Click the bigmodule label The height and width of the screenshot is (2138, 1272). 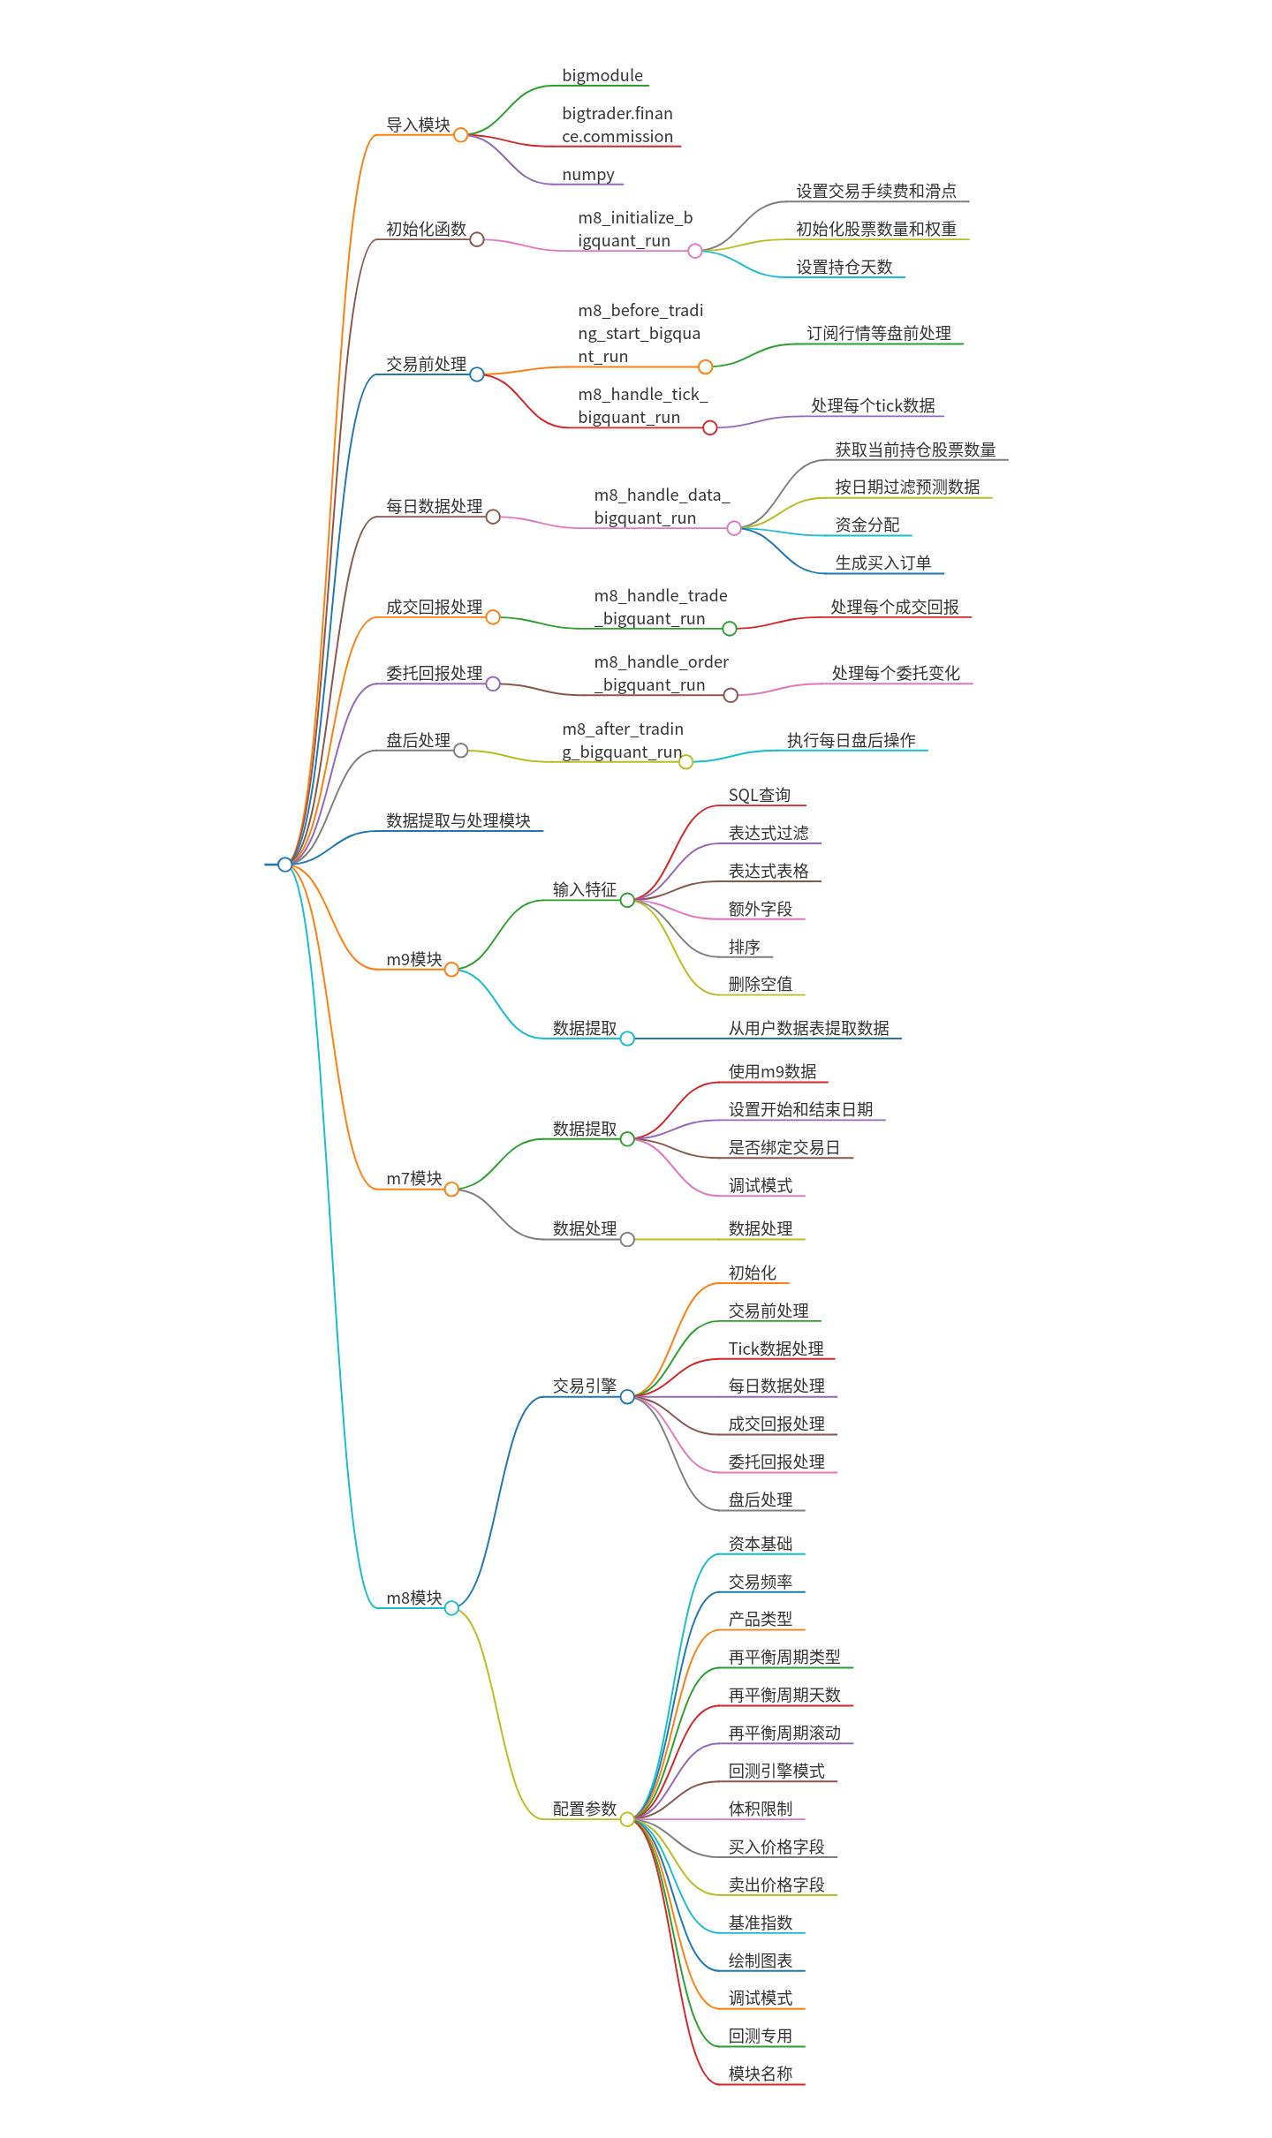coord(602,76)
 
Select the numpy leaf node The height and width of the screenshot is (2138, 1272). coord(588,175)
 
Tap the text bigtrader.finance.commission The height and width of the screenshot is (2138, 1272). coord(617,125)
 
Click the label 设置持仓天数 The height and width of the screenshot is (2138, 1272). coord(844,268)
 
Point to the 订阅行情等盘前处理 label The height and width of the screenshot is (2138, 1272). coord(879,334)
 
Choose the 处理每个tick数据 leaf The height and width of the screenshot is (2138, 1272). coord(873,405)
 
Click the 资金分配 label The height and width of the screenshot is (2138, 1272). coord(867,525)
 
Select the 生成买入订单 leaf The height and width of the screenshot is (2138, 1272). coord(883,563)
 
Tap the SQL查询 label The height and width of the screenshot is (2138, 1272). coord(760,796)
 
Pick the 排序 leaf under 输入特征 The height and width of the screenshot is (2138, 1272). coord(745,948)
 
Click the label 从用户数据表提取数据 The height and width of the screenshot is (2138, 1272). coord(809,1029)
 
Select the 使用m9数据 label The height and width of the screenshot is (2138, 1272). coord(773,1072)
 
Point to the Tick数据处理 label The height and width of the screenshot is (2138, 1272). coord(776,1349)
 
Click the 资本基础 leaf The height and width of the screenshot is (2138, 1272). coord(761,1545)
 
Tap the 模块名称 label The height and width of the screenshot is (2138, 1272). coord(761,2074)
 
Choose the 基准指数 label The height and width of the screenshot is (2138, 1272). coord(761,1923)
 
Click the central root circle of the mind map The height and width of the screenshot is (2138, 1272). coord(284,865)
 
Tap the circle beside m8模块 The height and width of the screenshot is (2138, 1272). coord(451,1608)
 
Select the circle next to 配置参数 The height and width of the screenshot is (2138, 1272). coord(627,1819)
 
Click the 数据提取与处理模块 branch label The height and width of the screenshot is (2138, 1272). coord(458,821)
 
